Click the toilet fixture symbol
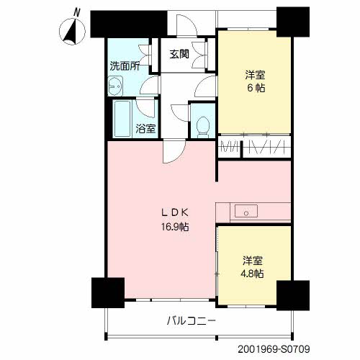coord(203,127)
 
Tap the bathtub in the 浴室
coord(122,119)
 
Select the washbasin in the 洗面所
coord(115,86)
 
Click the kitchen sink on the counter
coord(246,211)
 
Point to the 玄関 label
coord(179,54)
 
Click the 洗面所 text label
coord(125,66)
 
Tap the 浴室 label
coord(145,129)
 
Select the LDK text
coord(175,212)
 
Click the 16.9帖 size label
coord(175,227)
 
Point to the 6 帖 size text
coord(256,88)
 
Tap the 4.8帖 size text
coord(252,274)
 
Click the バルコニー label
coord(192,320)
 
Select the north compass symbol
coord(72,32)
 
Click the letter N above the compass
coord(77,12)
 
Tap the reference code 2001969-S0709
coord(274,349)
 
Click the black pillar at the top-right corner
coord(293,22)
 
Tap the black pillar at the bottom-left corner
coord(108,293)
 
